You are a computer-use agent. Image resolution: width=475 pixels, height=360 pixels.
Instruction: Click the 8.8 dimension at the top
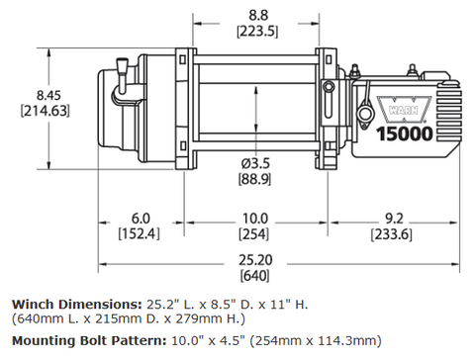point(257,14)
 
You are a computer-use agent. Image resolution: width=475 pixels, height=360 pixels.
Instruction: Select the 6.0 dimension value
point(139,218)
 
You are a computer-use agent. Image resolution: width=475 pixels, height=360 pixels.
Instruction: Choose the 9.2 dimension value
point(395,218)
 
